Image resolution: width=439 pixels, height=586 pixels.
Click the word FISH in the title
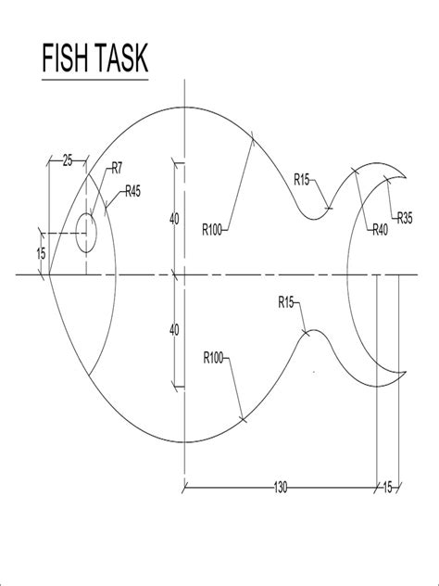[x=67, y=57]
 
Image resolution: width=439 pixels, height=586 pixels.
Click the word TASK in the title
[x=121, y=57]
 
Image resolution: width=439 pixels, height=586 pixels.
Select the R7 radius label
[x=118, y=169]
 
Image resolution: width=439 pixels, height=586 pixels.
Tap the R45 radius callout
[x=132, y=192]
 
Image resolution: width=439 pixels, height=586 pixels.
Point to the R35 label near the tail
[x=405, y=218]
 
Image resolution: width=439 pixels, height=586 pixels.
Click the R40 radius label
[x=381, y=230]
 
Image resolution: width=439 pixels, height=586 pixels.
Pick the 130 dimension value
[x=281, y=488]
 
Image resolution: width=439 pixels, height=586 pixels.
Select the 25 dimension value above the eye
[x=68, y=161]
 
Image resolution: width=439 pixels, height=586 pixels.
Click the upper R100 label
[x=212, y=230]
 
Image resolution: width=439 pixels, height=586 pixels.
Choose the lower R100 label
[x=213, y=358]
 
